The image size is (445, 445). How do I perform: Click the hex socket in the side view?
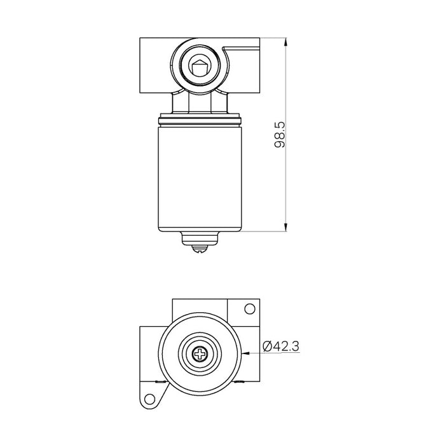pyautogui.click(x=200, y=64)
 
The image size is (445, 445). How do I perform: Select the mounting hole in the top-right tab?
pyautogui.click(x=250, y=309)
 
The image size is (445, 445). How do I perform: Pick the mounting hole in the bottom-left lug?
pyautogui.click(x=151, y=399)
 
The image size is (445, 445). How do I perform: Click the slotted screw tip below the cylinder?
pyautogui.click(x=200, y=249)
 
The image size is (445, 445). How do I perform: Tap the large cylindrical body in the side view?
pyautogui.click(x=200, y=178)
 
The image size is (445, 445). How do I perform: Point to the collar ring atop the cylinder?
pyautogui.click(x=200, y=119)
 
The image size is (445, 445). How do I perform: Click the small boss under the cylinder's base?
pyautogui.click(x=200, y=238)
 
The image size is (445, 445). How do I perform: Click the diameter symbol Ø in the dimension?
pyautogui.click(x=267, y=346)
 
